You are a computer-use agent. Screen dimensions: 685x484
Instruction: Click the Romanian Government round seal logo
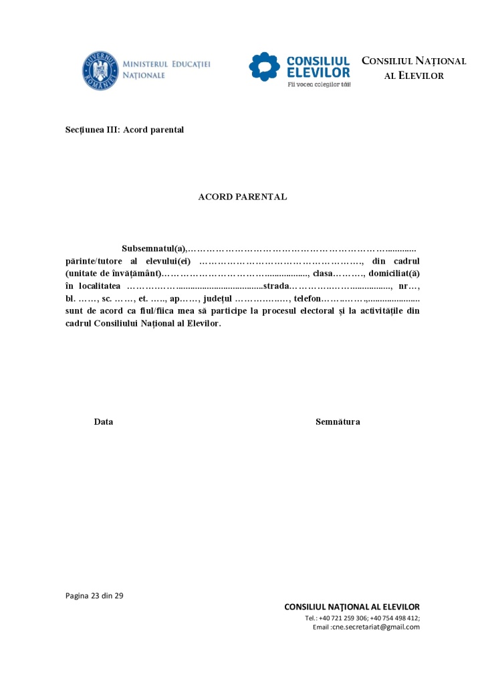[100, 70]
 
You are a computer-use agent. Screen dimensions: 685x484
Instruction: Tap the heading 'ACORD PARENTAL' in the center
[243, 197]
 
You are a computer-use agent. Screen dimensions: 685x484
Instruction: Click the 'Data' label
[104, 422]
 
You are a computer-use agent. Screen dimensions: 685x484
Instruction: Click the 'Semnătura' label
[338, 422]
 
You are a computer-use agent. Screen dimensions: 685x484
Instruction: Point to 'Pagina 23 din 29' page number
[94, 595]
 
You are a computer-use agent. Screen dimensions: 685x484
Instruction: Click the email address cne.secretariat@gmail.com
[376, 627]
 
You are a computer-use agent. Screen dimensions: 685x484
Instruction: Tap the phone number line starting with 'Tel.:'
[362, 618]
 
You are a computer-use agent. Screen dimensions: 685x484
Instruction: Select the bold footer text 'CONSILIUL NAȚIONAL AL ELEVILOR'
[352, 607]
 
